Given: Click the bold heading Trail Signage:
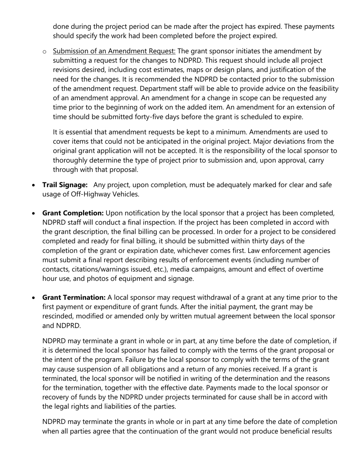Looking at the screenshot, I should pyautogui.click(x=65, y=185).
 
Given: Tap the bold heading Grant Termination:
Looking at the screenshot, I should pyautogui.click(x=74, y=297).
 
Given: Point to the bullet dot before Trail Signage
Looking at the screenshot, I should pyautogui.click(x=34, y=186).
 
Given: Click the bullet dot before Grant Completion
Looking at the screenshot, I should pyautogui.click(x=34, y=214).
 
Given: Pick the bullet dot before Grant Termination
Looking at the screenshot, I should pyautogui.click(x=34, y=298).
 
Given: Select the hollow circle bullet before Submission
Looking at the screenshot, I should pyautogui.click(x=45, y=52).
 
